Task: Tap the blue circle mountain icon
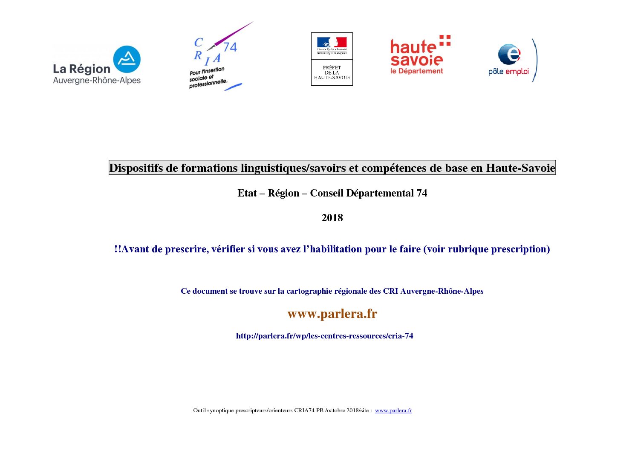[x=127, y=59]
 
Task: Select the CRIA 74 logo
[x=215, y=58]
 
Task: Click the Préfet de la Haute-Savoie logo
[x=332, y=59]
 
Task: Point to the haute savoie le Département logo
[x=420, y=55]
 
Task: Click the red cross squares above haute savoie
[x=445, y=40]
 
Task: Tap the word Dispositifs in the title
[x=136, y=168]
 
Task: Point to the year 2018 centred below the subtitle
[x=332, y=218]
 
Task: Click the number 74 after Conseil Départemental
[x=421, y=193]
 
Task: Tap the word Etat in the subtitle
[x=247, y=193]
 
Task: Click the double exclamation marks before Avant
[x=118, y=249]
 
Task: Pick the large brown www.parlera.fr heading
[x=332, y=314]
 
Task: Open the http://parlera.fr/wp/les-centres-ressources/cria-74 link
[x=324, y=336]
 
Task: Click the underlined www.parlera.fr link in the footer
[x=393, y=411]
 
